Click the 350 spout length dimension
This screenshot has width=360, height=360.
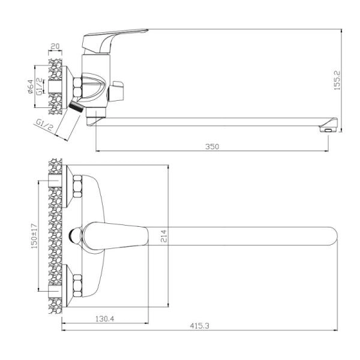pos(213,146)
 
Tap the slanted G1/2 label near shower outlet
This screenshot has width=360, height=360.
pos(45,127)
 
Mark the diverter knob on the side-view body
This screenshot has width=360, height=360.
pos(118,92)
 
